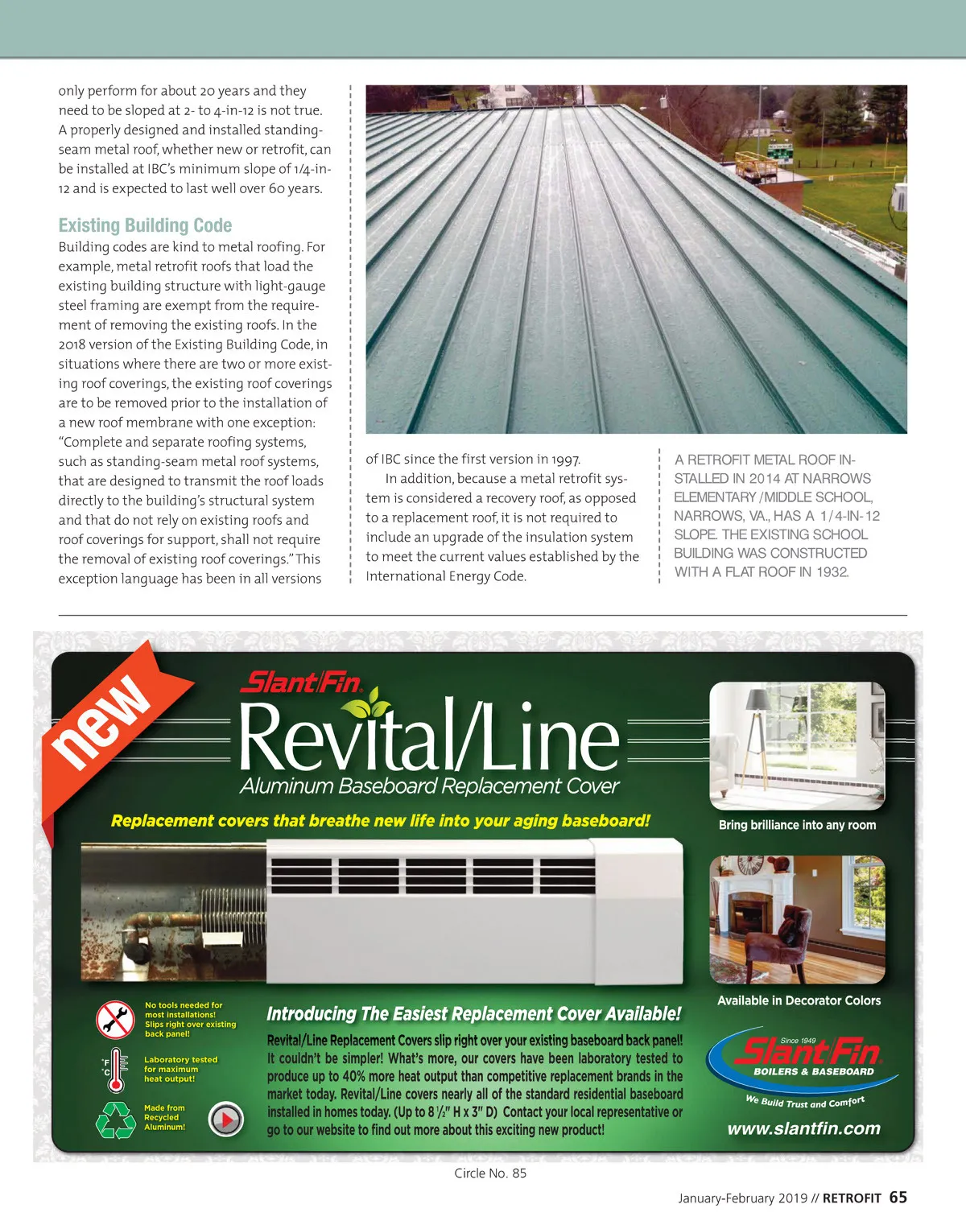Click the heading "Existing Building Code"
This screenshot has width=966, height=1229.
tap(145, 225)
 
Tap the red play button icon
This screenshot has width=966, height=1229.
tap(226, 1119)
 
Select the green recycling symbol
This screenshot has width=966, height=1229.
tap(116, 1119)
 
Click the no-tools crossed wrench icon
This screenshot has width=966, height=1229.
tap(115, 1020)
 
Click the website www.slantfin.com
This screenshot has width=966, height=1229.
tap(803, 1128)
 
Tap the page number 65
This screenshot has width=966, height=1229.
tap(898, 1198)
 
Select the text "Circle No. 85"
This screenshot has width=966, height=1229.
tap(490, 1173)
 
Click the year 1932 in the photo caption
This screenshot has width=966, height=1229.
tap(832, 572)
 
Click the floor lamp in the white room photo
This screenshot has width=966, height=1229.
tap(757, 724)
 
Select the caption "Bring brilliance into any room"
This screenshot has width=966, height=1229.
tap(797, 825)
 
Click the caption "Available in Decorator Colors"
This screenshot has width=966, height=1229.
tap(799, 1000)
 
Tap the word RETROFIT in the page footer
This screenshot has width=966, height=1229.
tap(852, 1198)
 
